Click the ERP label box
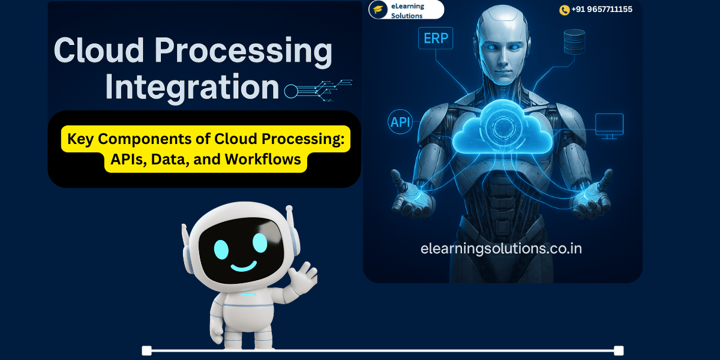[436, 38]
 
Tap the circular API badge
[400, 122]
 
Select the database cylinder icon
[574, 41]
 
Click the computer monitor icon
[609, 126]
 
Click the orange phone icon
[564, 10]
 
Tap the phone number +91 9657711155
[602, 10]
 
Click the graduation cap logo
[378, 10]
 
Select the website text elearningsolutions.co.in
[501, 249]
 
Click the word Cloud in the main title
[99, 50]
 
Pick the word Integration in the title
[192, 87]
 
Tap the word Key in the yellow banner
[80, 139]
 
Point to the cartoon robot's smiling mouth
[244, 266]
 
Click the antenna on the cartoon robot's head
[289, 216]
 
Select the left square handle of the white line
[146, 350]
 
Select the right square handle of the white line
[619, 350]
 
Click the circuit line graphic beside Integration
[318, 91]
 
